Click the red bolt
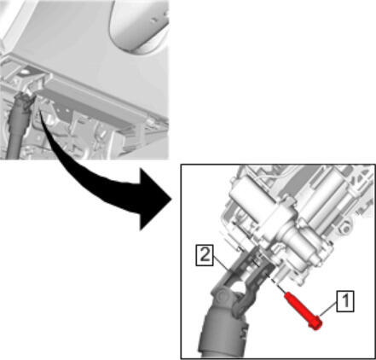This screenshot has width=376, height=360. pyautogui.click(x=303, y=311)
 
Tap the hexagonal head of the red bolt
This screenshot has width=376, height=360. pyautogui.click(x=316, y=324)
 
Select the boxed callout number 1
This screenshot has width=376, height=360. pyautogui.click(x=345, y=301)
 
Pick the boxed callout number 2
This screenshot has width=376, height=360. pyautogui.click(x=205, y=255)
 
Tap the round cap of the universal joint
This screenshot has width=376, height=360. pyautogui.click(x=223, y=298)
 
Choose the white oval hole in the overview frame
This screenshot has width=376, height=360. pyautogui.click(x=24, y=73)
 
